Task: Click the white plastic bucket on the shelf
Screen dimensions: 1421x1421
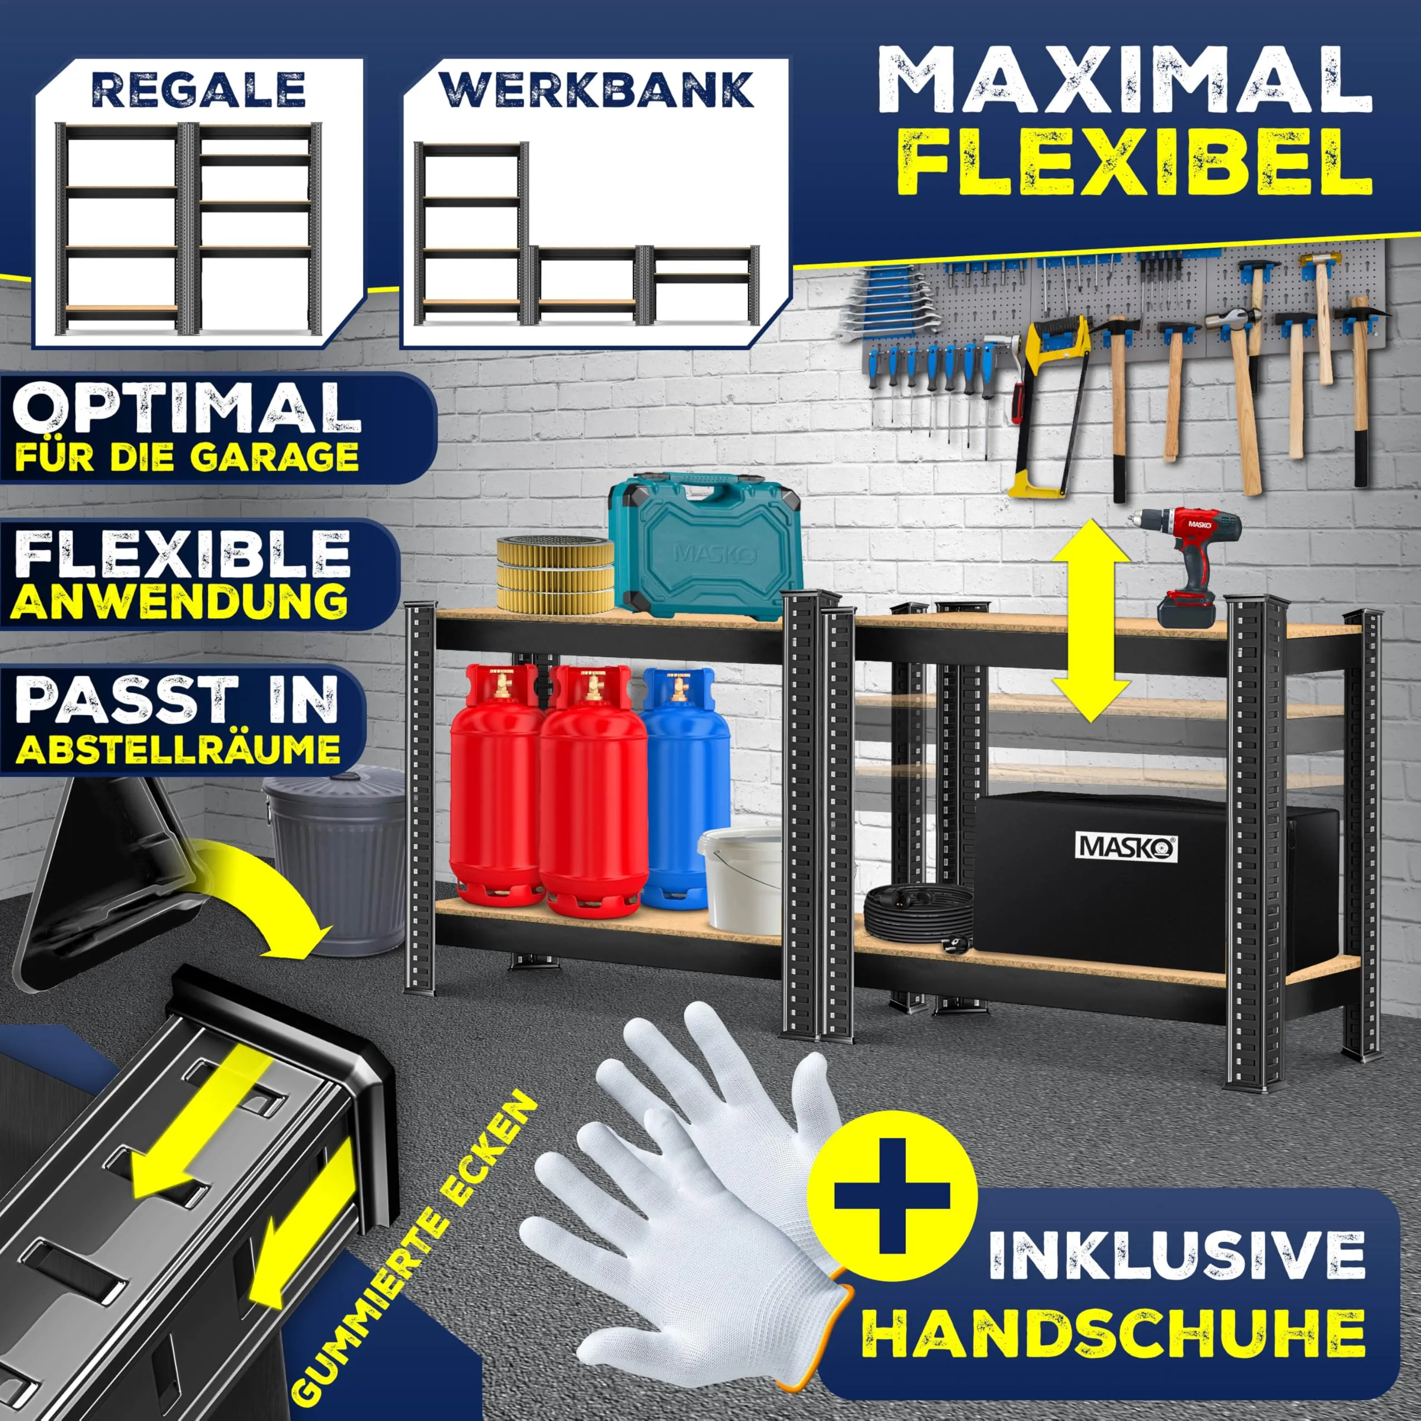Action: [740, 880]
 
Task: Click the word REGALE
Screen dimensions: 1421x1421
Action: [199, 90]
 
